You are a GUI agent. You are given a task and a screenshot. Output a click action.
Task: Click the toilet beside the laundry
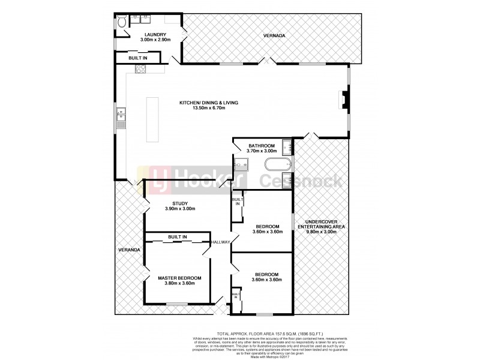121,22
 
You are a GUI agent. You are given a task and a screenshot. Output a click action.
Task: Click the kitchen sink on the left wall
121,114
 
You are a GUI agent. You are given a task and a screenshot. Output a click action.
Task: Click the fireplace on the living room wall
343,100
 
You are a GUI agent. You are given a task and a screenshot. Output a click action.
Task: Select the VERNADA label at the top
274,36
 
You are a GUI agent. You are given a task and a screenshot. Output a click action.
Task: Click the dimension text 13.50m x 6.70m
208,108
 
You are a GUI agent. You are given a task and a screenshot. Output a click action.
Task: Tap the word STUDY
181,203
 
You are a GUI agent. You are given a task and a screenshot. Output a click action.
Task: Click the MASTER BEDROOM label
179,278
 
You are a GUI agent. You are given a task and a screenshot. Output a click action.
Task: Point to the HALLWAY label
221,242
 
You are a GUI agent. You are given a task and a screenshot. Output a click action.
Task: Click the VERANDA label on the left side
129,249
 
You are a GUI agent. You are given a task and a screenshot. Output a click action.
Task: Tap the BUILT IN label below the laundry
137,58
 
